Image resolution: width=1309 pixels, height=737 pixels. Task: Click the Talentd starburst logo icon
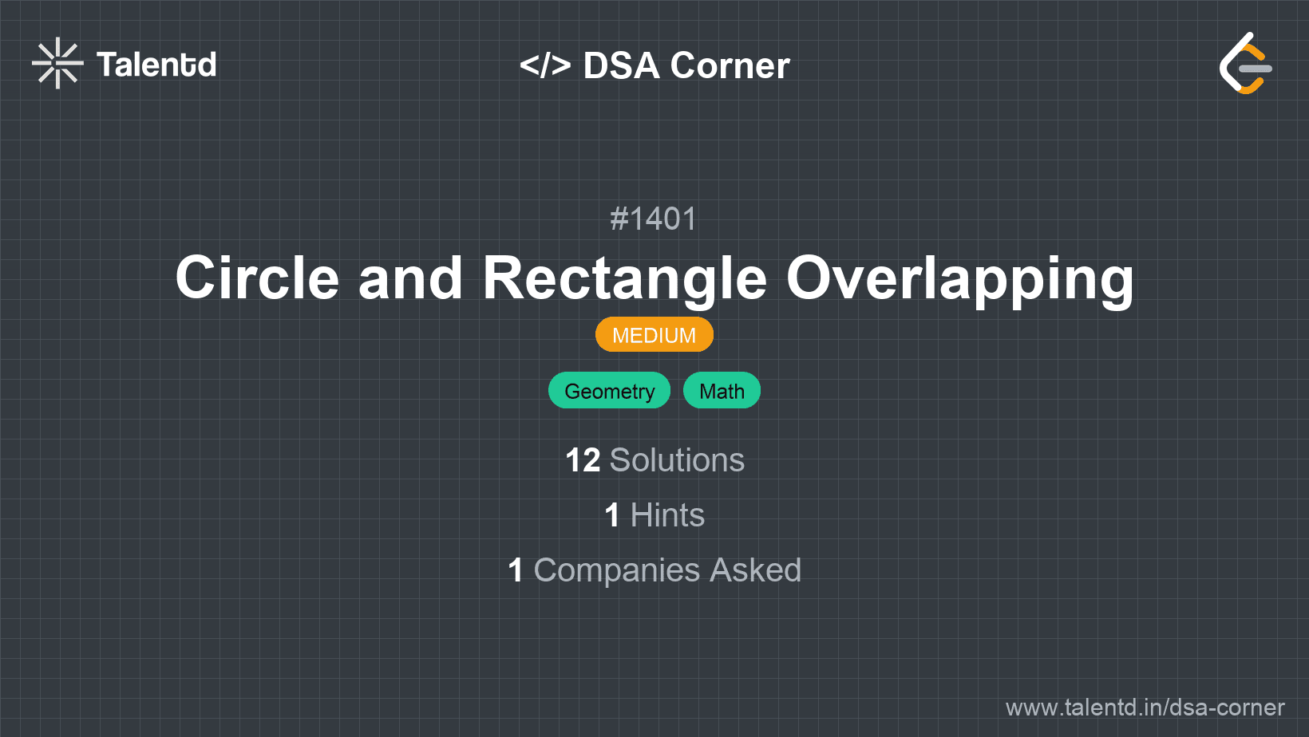pyautogui.click(x=57, y=64)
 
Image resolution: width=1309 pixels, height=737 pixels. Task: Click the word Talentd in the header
pyautogui.click(x=156, y=65)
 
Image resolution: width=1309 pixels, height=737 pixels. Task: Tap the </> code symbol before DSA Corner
pyautogui.click(x=545, y=65)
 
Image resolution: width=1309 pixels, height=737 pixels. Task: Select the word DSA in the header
pyautogui.click(x=621, y=65)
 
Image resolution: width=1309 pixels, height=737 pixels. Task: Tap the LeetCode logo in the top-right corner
pyautogui.click(x=1245, y=64)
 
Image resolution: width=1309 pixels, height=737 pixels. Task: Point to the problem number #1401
pyautogui.click(x=654, y=219)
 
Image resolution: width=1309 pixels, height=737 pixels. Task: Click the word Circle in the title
pyautogui.click(x=257, y=278)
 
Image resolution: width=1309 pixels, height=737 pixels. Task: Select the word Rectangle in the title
pyautogui.click(x=624, y=278)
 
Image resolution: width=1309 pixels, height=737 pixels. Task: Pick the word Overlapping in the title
pyautogui.click(x=959, y=278)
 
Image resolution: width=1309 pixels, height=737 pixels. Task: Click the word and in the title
pyautogui.click(x=410, y=278)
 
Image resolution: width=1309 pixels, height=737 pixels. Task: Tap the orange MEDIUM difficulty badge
pyautogui.click(x=654, y=335)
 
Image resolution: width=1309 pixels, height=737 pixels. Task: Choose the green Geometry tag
pyautogui.click(x=609, y=391)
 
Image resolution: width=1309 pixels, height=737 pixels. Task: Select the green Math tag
pyautogui.click(x=722, y=391)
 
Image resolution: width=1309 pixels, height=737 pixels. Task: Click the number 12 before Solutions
pyautogui.click(x=583, y=460)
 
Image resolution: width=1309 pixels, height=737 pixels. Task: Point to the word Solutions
pyautogui.click(x=677, y=460)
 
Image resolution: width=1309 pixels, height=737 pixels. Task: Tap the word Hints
pyautogui.click(x=667, y=515)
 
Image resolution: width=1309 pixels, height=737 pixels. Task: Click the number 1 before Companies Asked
pyautogui.click(x=516, y=570)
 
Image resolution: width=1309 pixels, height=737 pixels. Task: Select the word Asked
pyautogui.click(x=755, y=570)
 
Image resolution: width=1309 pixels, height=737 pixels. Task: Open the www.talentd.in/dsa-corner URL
pyautogui.click(x=1145, y=707)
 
